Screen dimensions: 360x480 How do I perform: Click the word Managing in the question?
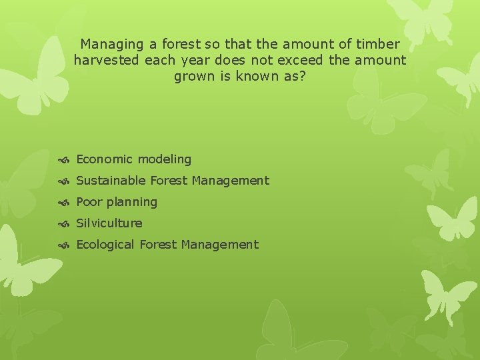point(111,45)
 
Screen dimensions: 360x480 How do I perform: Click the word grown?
point(194,77)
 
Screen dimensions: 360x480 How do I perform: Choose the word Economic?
point(105,159)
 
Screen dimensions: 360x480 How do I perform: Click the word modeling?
point(165,159)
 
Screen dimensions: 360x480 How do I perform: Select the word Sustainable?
point(111,181)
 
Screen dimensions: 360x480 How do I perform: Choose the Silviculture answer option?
point(109,223)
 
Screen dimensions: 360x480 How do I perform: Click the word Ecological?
point(105,245)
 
